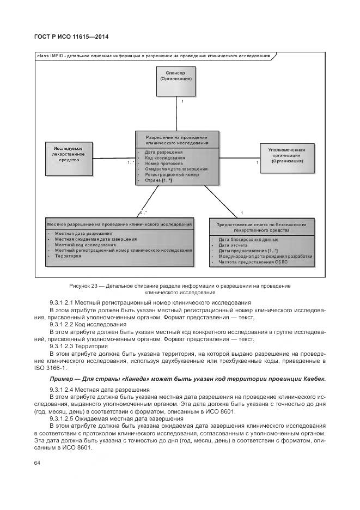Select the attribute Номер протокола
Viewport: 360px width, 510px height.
pyautogui.click(x=163, y=163)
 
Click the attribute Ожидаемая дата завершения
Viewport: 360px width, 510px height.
pyautogui.click(x=172, y=169)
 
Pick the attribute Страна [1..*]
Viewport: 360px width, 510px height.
pyautogui.click(x=158, y=180)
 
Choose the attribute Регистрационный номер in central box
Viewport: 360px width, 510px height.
pyautogui.click(x=172, y=175)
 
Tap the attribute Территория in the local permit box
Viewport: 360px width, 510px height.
pyautogui.click(x=68, y=256)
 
